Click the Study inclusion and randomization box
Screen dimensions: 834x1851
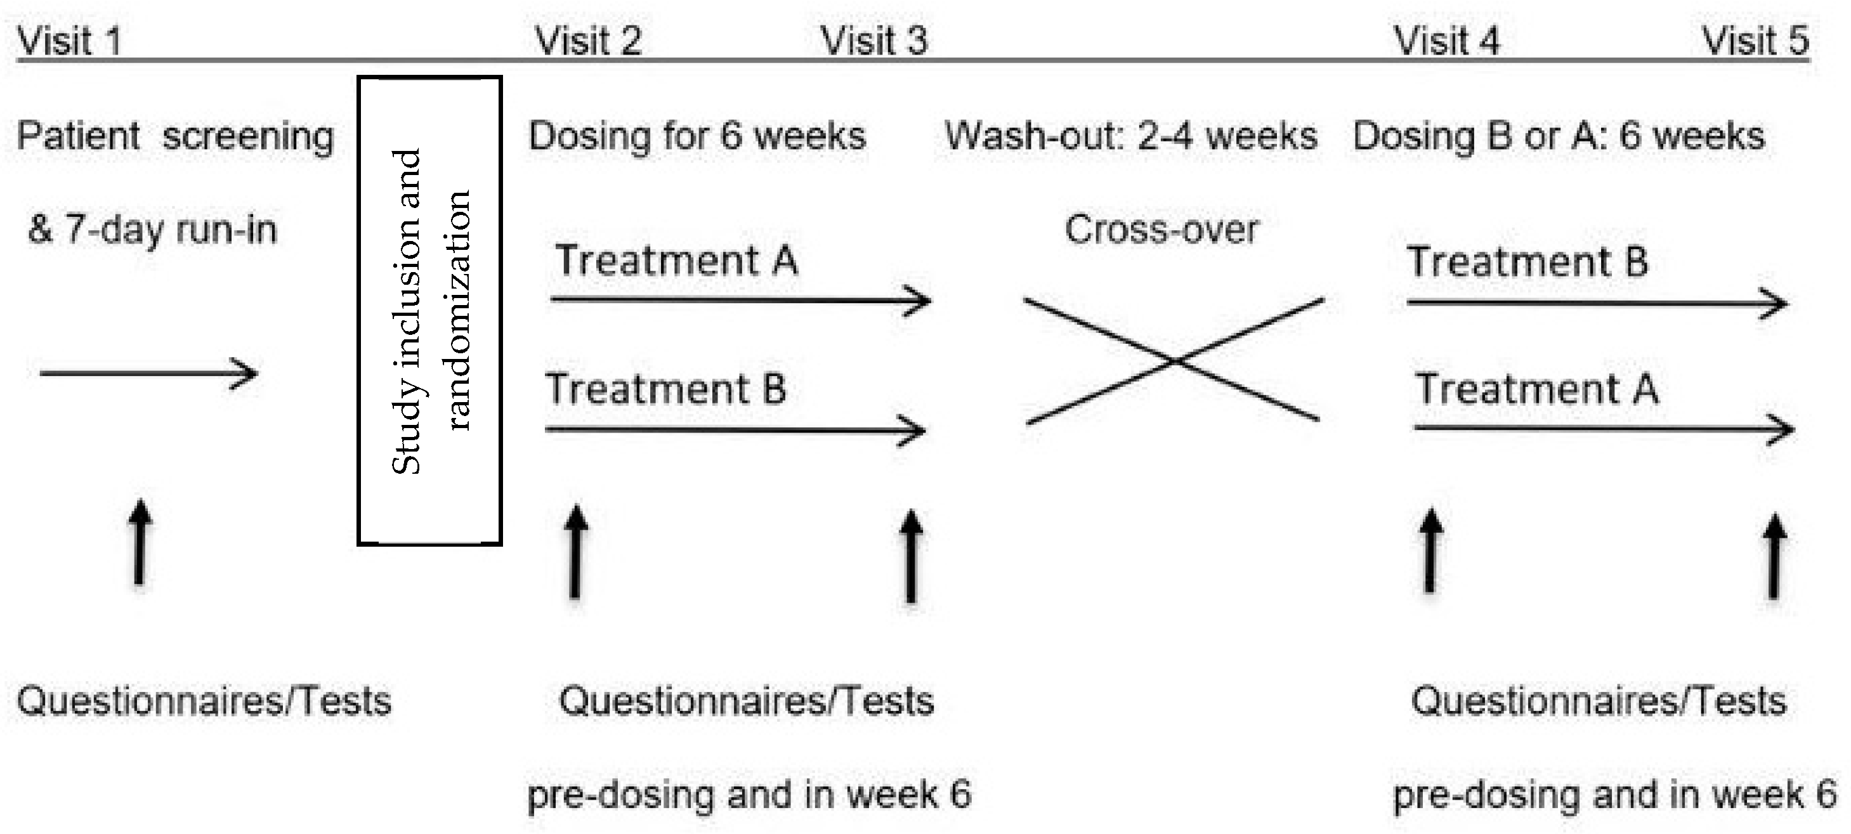pos(429,310)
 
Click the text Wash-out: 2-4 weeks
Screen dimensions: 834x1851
pos(1130,136)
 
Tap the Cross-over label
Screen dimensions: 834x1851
pos(1161,230)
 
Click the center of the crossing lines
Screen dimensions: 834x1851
pos(1174,362)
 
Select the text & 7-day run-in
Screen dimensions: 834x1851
pos(152,230)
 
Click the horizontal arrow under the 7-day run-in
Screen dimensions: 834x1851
pos(148,374)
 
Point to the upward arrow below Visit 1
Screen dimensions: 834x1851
pos(140,542)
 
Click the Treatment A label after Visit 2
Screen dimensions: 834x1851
pos(676,260)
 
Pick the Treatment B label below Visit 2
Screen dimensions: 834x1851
pos(665,389)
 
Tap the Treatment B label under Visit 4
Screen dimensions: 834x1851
pos(1527,261)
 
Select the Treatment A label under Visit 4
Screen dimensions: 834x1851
pos(1537,389)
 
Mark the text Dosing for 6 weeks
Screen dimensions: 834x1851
pos(697,136)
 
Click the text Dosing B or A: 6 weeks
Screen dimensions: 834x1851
pos(1558,136)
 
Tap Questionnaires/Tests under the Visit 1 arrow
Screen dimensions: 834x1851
pos(204,701)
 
